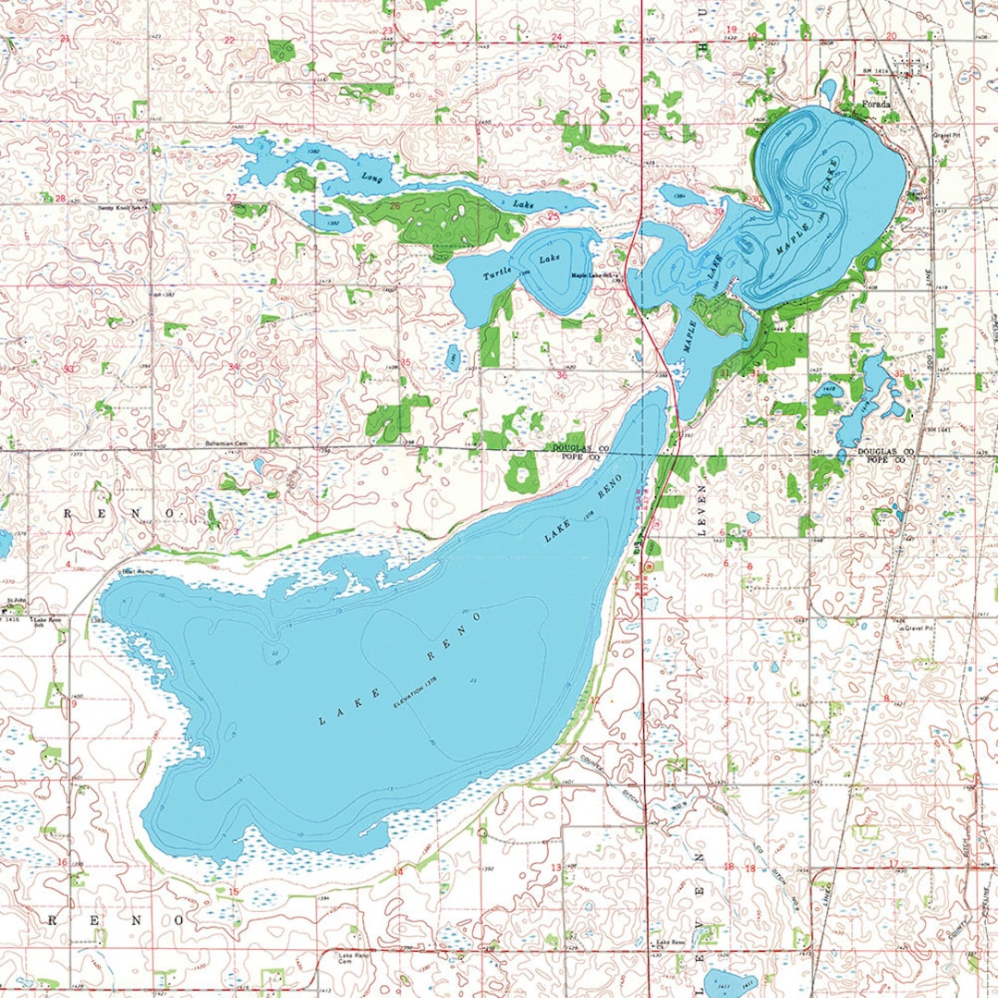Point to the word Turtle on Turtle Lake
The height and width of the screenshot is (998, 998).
tap(496, 274)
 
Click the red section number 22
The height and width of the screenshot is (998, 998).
tap(229, 40)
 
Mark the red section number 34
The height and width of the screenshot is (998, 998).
tap(234, 367)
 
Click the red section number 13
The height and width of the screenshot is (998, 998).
tap(555, 867)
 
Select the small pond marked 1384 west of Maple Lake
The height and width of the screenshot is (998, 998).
tap(682, 196)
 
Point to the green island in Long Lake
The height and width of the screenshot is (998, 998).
tap(299, 179)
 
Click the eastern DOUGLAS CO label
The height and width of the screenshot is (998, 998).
tap(885, 451)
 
